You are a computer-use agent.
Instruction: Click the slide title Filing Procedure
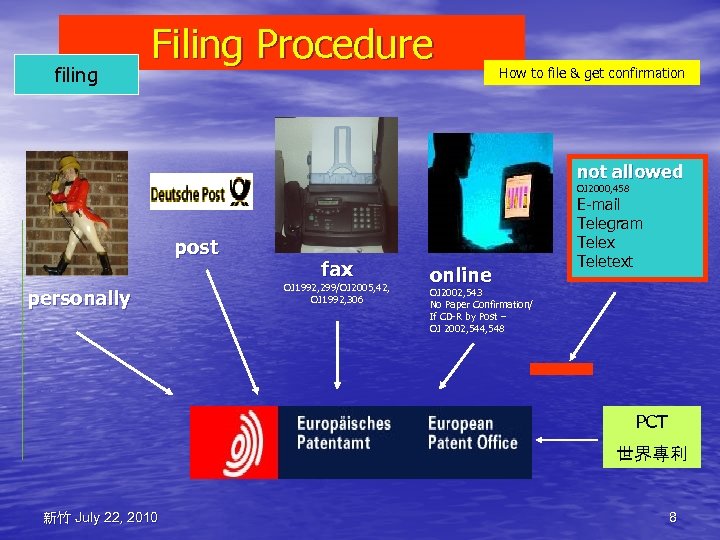292,44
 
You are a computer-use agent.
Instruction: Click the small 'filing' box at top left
76,75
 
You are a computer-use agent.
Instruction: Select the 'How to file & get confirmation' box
591,73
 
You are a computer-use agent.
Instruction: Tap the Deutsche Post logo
201,192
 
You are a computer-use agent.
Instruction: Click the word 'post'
196,247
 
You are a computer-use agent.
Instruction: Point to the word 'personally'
79,298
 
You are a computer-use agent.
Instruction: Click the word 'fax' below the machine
336,268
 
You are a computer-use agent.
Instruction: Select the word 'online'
460,274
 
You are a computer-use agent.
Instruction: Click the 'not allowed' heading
629,171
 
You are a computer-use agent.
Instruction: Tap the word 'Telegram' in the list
609,223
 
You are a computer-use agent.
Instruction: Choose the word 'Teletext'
604,261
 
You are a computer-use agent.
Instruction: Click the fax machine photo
336,185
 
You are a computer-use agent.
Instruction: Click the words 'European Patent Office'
472,432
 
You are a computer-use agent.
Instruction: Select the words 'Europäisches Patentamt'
343,432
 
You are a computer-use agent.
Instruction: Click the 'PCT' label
651,422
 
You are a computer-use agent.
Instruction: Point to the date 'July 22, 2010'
115,517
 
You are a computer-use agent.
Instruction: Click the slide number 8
672,517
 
